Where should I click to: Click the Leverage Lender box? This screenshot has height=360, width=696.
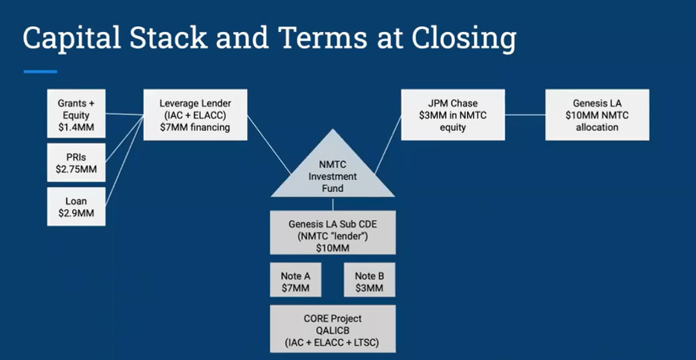click(195, 114)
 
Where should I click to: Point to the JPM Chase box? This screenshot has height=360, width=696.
click(448, 114)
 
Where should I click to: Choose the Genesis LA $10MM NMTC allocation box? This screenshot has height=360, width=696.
click(596, 114)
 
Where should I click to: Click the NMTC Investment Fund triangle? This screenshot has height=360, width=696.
click(333, 172)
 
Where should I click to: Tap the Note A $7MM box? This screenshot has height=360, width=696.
click(295, 281)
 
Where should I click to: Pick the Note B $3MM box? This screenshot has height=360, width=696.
click(370, 281)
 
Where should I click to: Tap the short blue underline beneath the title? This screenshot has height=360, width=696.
click(40, 71)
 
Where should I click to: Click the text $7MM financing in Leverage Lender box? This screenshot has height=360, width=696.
click(195, 127)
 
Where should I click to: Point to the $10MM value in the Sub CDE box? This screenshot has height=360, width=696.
click(333, 248)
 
